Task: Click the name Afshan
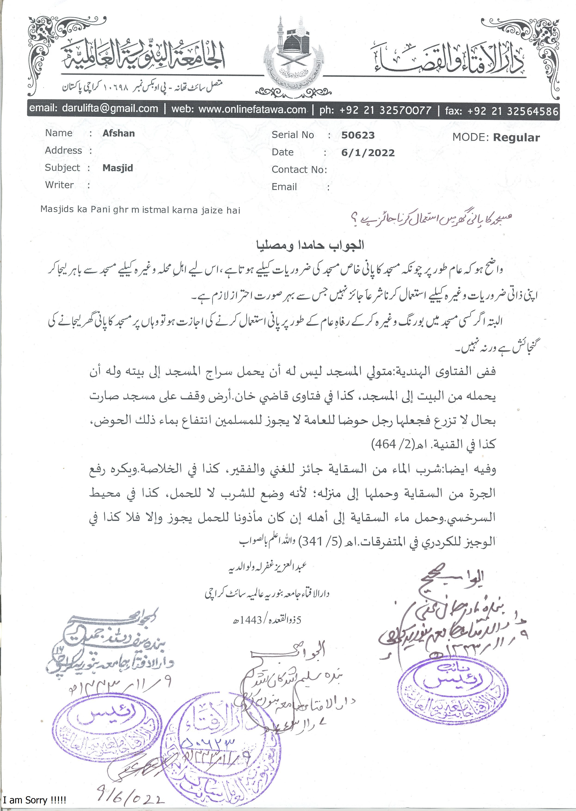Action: pyautogui.click(x=119, y=133)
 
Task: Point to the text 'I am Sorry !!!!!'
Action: pyautogui.click(x=34, y=800)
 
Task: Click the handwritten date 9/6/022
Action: pyautogui.click(x=131, y=798)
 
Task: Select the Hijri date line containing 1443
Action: pyautogui.click(x=266, y=620)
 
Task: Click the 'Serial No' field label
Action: pyautogui.click(x=293, y=135)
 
